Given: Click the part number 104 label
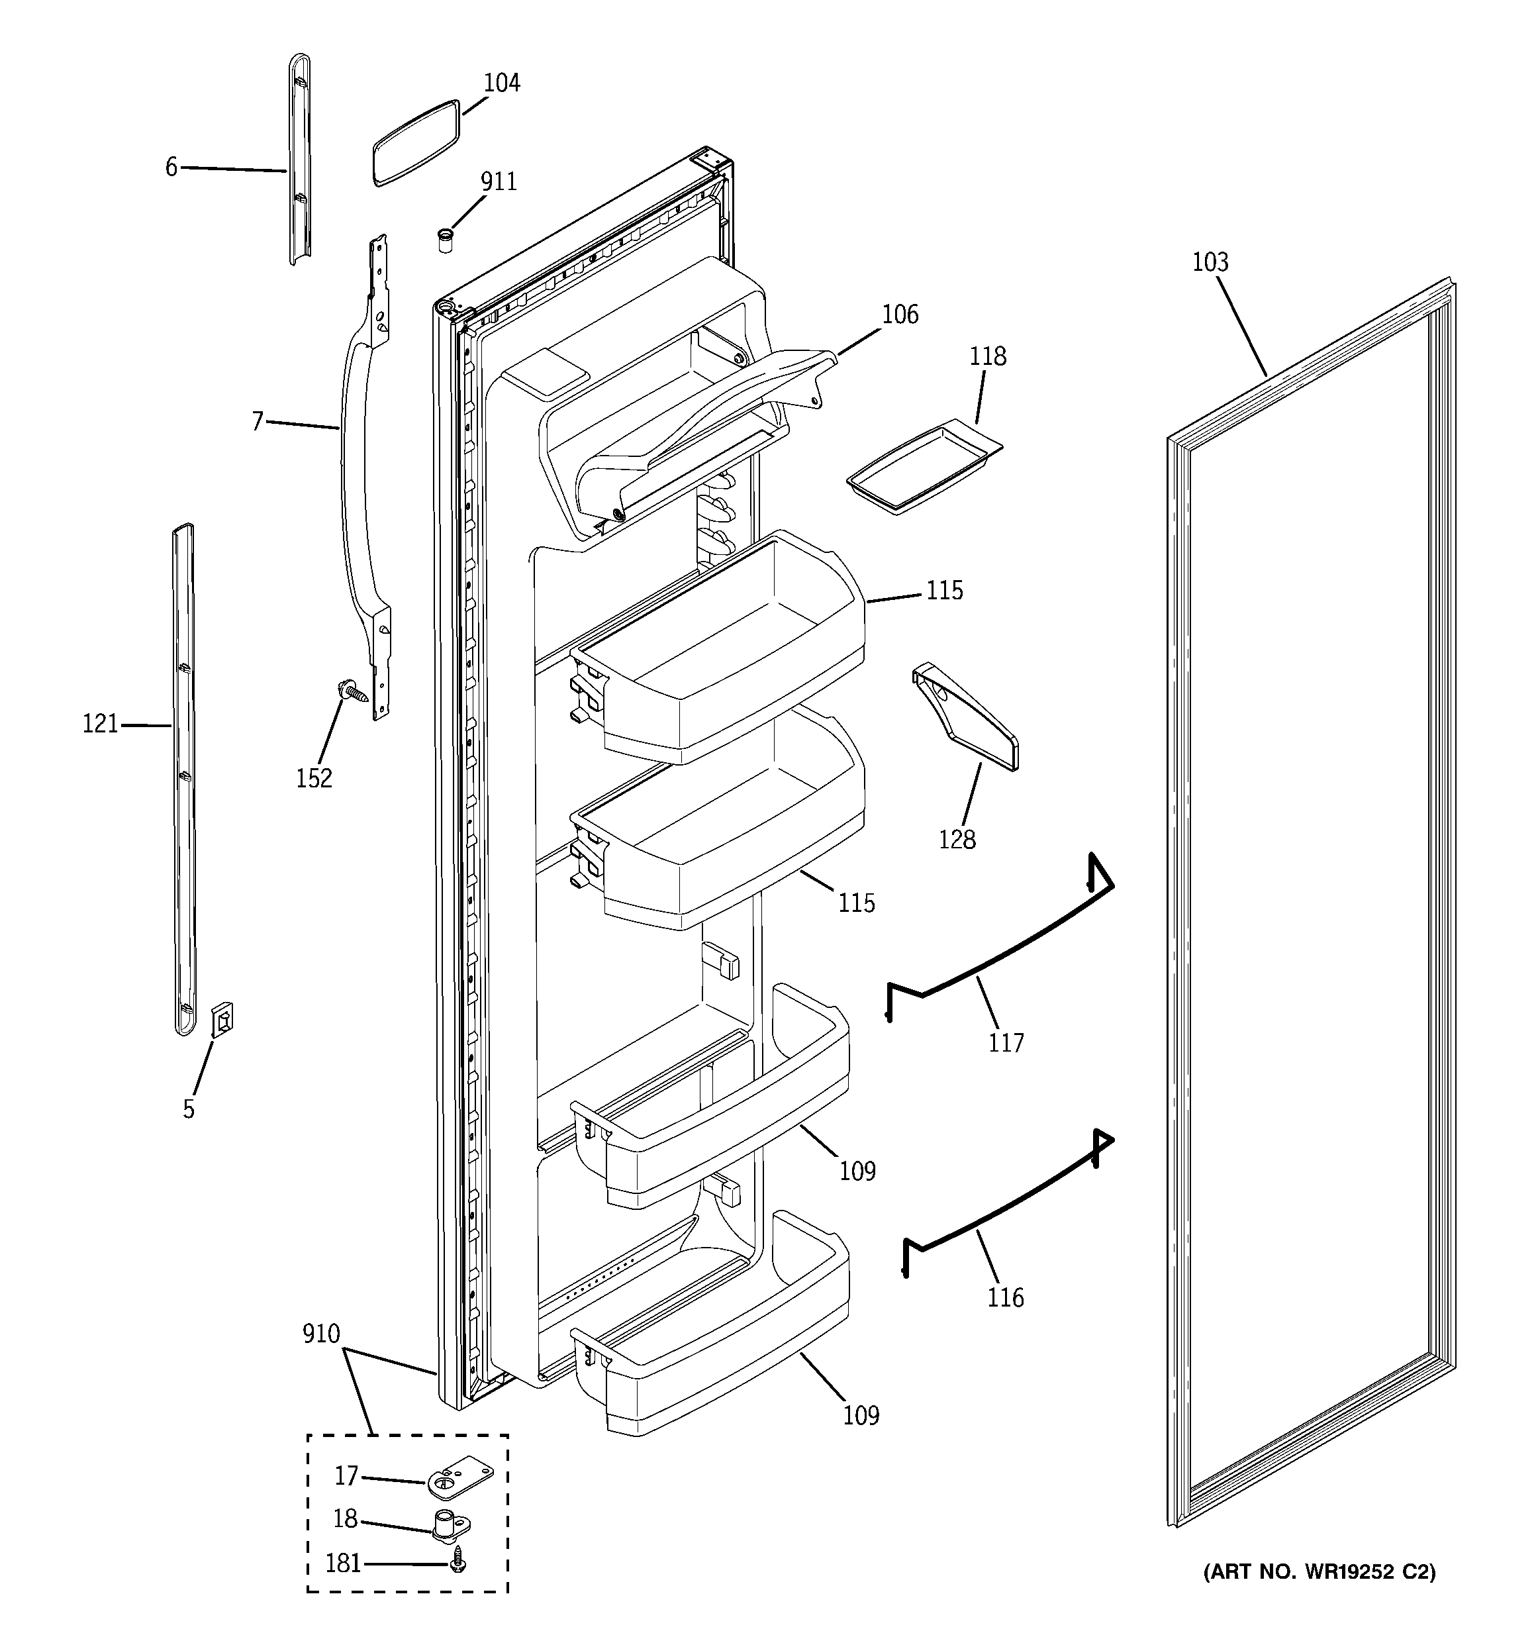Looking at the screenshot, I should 501,83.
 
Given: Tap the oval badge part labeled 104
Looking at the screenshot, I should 414,142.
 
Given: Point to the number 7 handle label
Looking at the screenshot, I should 258,422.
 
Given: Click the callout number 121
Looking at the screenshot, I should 101,724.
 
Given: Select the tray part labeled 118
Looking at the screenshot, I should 924,469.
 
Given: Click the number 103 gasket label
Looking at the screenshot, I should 1210,262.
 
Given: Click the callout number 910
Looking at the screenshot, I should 320,1334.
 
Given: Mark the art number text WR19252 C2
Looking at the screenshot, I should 1319,1572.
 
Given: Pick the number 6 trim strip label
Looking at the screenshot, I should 171,168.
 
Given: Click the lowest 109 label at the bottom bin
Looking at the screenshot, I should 861,1416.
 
